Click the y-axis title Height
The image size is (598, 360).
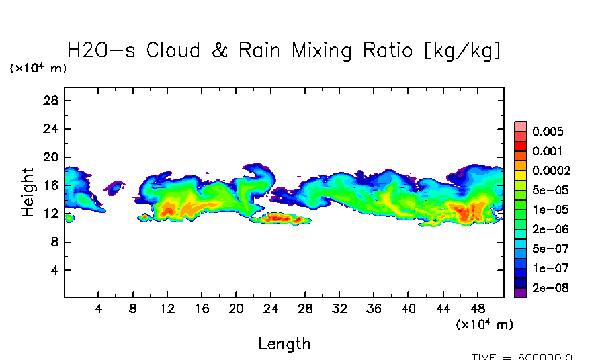pos(28,192)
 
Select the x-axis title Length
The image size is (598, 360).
pos(284,344)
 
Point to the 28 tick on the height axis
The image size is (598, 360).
pos(52,101)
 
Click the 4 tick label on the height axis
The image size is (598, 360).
pos(56,270)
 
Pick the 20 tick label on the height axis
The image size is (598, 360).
pos(52,157)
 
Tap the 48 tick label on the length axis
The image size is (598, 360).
pos(478,309)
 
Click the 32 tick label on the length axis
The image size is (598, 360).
pos(340,309)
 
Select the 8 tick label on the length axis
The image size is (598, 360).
pos(133,309)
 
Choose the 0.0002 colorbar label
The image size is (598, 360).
pos(550,170)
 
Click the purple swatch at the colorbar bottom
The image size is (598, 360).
pos(521,292)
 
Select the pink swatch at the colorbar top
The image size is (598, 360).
pos(521,126)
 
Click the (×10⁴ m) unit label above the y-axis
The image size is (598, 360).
pos(38,68)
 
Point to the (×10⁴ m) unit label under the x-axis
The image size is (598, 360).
pos(484,324)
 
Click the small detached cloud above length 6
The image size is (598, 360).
pos(115,187)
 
